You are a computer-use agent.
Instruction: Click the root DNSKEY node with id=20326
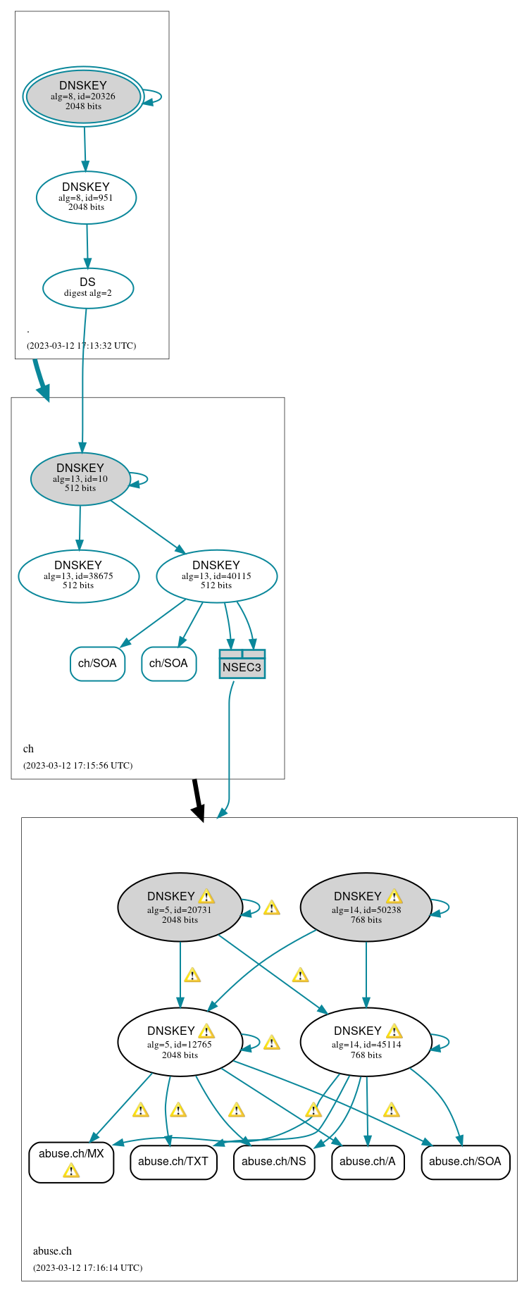[x=83, y=97]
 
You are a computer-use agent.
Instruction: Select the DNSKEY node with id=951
[x=86, y=197]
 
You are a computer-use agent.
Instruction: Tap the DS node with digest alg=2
[x=88, y=287]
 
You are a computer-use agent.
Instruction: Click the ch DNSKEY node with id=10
[x=80, y=478]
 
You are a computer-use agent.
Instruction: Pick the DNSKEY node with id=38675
[x=78, y=576]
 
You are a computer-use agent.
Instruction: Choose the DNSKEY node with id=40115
[x=216, y=576]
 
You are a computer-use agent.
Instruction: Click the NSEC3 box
[x=242, y=664]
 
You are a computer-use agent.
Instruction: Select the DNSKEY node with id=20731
[x=180, y=907]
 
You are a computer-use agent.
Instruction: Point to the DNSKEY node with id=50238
[x=366, y=907]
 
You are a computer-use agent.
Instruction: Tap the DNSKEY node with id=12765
[x=180, y=1042]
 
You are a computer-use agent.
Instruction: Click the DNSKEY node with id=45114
[x=366, y=1042]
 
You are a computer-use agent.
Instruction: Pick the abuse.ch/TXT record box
[x=173, y=1162]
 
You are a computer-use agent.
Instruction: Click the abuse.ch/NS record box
[x=273, y=1162]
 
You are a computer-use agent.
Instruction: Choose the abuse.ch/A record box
[x=368, y=1162]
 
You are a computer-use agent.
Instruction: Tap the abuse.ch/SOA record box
[x=465, y=1162]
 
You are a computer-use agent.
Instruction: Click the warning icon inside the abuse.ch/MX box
[x=71, y=1171]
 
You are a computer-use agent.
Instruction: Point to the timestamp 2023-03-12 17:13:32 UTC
[x=81, y=346]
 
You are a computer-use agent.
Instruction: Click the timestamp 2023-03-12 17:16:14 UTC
[x=87, y=1267]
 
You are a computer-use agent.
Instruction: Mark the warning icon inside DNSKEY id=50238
[x=394, y=896]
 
